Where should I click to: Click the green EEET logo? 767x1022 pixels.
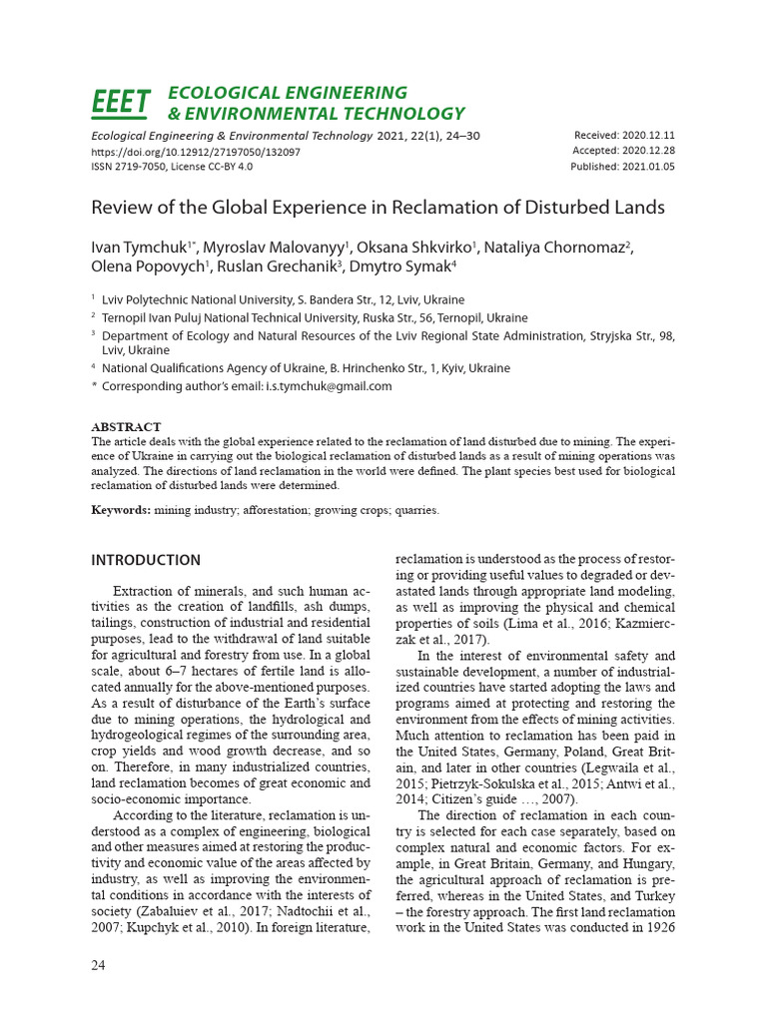[x=121, y=102]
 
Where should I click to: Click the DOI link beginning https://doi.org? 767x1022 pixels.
[x=196, y=152]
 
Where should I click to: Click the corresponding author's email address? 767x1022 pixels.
[x=328, y=386]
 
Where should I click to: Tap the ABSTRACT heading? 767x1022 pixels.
[x=126, y=427]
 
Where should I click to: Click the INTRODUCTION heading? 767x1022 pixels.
[x=146, y=560]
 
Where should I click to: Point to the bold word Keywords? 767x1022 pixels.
[x=120, y=510]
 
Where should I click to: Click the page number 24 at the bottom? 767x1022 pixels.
[x=99, y=965]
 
